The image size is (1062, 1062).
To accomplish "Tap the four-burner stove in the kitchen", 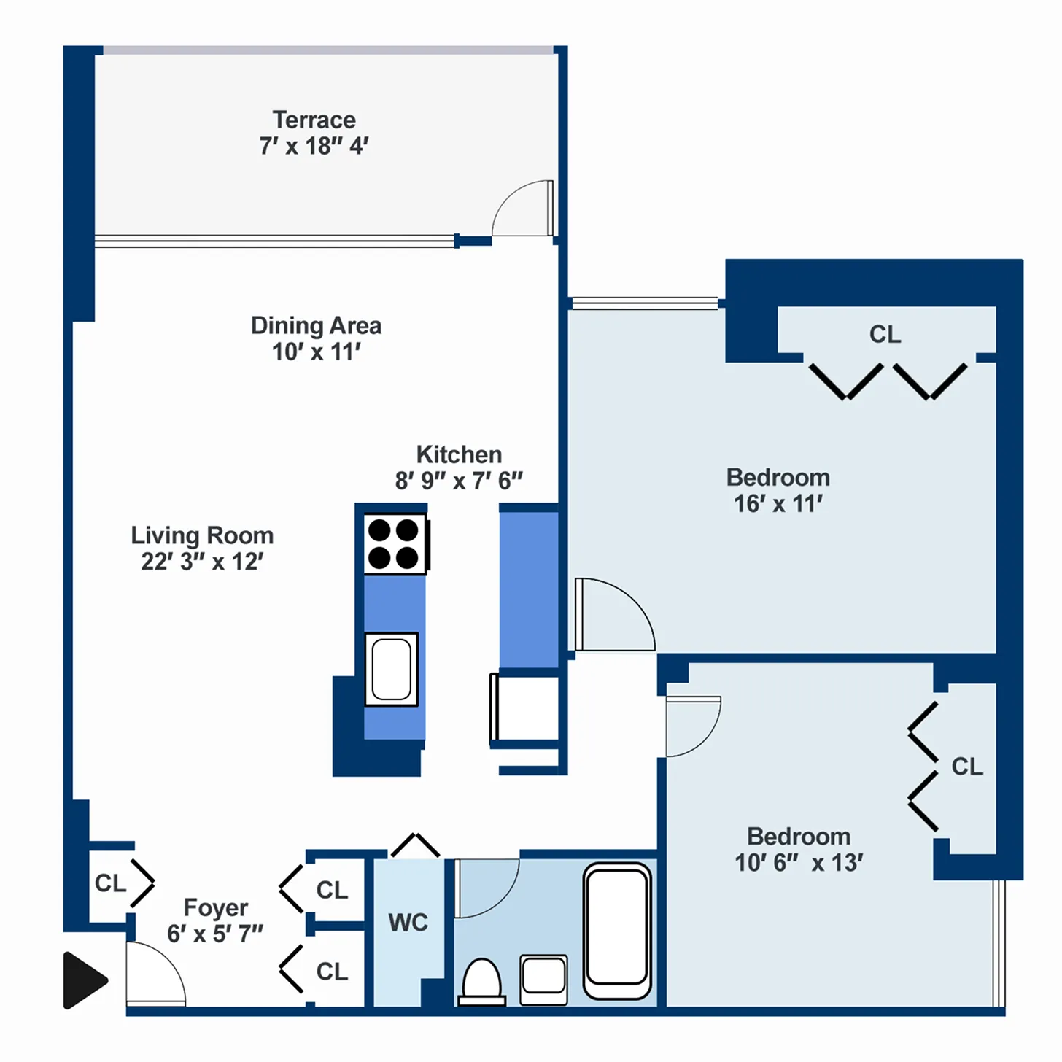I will point(395,544).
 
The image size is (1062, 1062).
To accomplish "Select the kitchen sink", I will point(392,669).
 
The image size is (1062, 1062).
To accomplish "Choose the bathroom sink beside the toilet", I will point(543,978).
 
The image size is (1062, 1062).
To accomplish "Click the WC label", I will point(408,923).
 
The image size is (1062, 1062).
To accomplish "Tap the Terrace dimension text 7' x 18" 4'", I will point(314,146).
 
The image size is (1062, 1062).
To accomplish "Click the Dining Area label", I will point(316,325).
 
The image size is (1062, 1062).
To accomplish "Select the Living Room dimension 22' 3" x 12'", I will point(202,562).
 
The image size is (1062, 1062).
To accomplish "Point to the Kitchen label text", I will point(459,454).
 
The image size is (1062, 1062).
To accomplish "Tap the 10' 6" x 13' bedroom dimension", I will point(799,863).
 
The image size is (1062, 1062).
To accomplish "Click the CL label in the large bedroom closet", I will point(885,334).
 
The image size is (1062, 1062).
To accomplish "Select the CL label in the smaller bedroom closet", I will point(967,767).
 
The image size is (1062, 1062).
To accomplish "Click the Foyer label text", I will point(215,907).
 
